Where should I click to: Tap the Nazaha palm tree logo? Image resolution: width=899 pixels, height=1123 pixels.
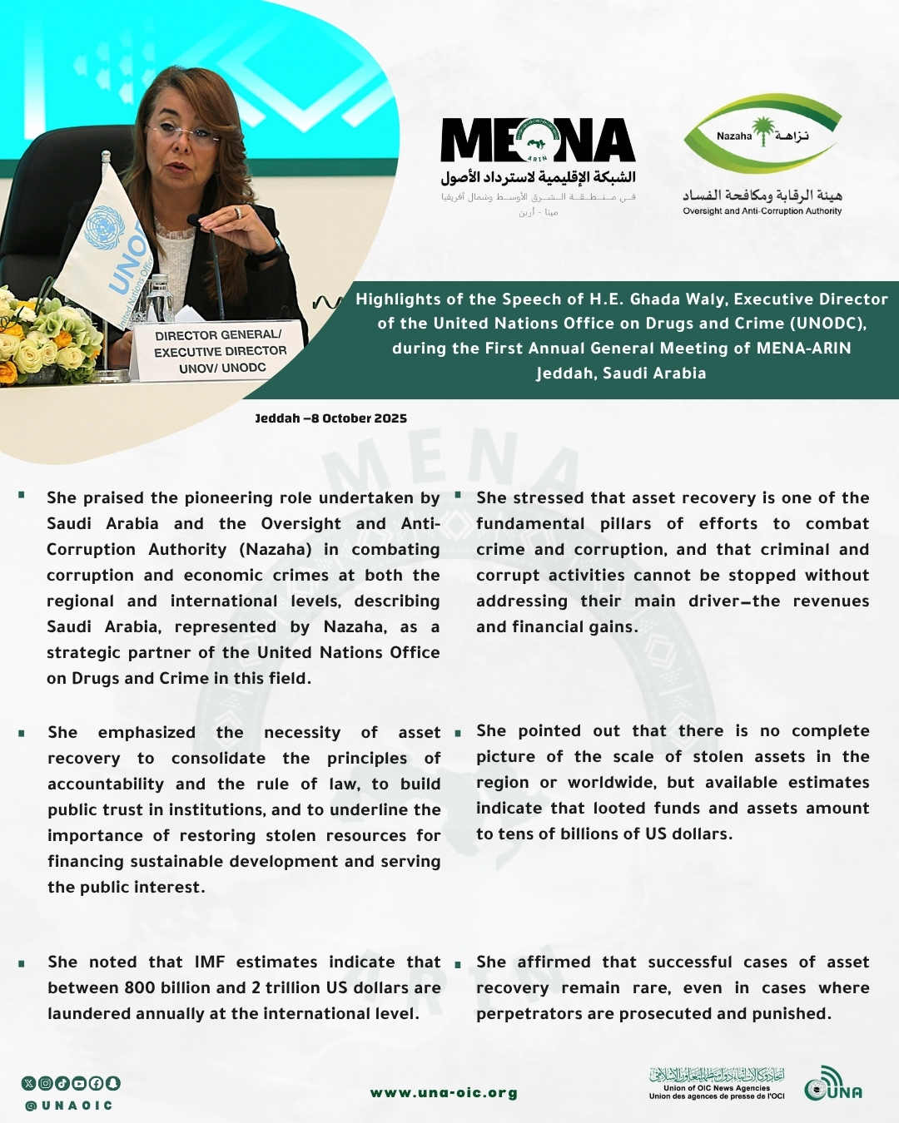[762, 133]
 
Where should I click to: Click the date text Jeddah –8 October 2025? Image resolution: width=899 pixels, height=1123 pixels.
[330, 418]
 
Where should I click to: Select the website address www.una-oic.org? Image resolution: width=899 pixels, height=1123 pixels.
[444, 1093]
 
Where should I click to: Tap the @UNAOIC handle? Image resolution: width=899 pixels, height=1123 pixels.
[68, 1106]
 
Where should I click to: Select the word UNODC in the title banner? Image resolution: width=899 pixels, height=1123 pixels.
[829, 324]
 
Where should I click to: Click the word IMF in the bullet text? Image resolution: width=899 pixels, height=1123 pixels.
[210, 962]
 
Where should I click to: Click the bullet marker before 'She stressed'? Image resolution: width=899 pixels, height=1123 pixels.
[458, 496]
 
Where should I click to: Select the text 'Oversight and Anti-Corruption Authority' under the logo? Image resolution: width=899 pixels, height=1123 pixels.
[762, 211]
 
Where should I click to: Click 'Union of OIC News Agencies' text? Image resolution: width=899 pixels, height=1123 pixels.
[716, 1088]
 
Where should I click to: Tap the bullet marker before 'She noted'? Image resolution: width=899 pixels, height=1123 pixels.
[22, 963]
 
